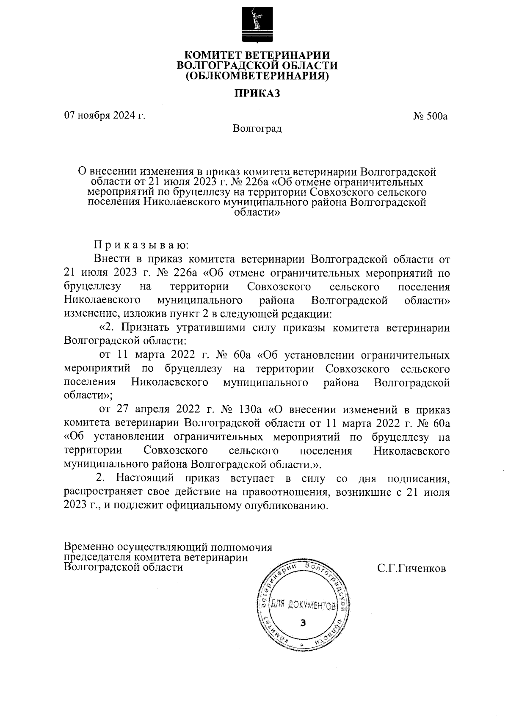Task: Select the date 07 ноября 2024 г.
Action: coord(105,115)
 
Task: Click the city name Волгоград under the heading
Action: coord(257,128)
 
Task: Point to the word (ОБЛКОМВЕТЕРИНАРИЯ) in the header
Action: coord(257,76)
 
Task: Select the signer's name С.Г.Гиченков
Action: coord(411,569)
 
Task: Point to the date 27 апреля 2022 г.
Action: coord(163,410)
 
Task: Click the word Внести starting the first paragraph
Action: coord(111,259)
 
